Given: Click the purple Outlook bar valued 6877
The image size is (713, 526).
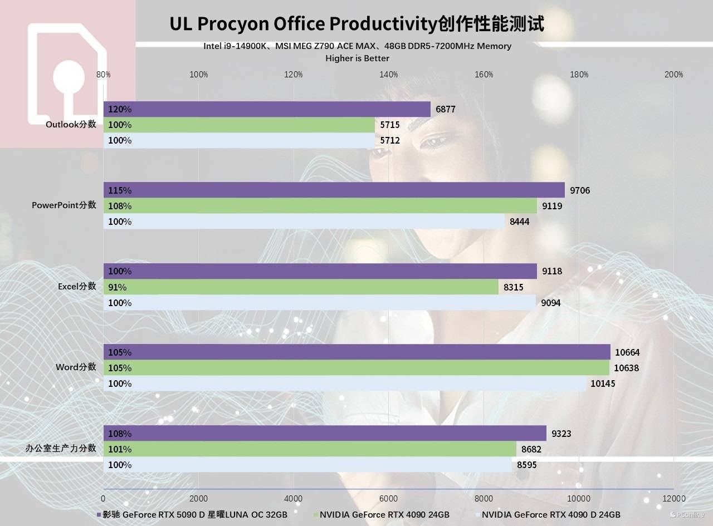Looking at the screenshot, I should pos(267,109).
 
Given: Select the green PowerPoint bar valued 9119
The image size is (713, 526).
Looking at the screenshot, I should pos(320,206).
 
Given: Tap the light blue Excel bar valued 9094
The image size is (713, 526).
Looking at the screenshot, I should pos(320,303).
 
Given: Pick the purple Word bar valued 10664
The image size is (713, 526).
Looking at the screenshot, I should pos(356,352).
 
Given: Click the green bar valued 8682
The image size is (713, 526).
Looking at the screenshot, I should pos(310,449).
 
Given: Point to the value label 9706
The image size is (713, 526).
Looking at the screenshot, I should pos(580,190).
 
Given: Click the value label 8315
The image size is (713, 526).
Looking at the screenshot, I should pos(513,287).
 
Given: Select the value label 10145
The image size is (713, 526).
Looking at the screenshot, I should pos(603,384).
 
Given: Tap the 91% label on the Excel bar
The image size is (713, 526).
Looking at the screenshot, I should pos(118,287).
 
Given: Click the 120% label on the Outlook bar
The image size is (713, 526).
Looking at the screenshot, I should pos(120,109).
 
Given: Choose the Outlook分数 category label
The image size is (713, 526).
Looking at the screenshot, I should pos(71,125).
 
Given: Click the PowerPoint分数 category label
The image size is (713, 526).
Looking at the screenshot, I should pos(64,205).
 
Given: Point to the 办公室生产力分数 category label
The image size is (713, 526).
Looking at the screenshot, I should pos(61,448).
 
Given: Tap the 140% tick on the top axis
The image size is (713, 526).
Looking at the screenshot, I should pos(389,75).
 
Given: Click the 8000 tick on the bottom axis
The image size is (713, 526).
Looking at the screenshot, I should pos(484,498).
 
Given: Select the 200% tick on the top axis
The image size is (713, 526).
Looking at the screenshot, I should pos(674,75).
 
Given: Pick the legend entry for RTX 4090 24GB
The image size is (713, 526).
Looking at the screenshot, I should pos(384,515).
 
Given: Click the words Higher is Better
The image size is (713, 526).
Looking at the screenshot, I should pos(357,58).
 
